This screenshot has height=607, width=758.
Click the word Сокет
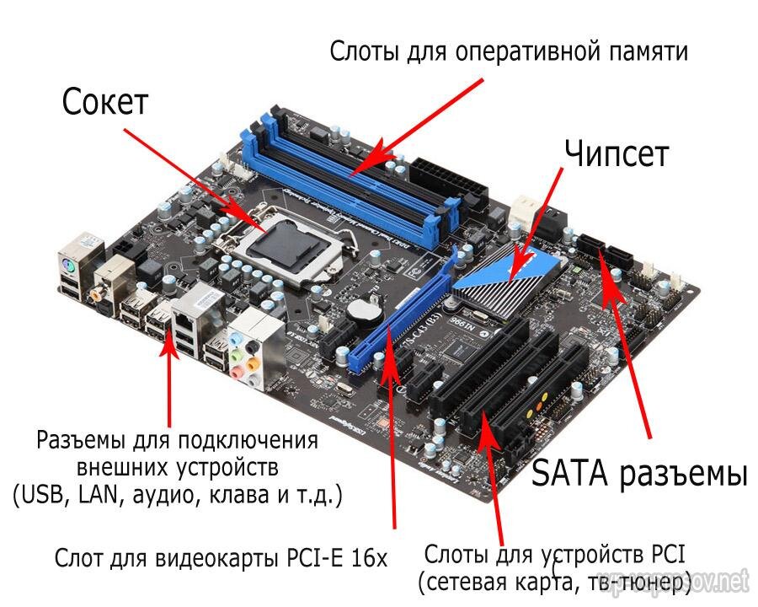coord(104,102)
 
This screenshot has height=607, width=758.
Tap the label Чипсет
coord(617,153)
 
